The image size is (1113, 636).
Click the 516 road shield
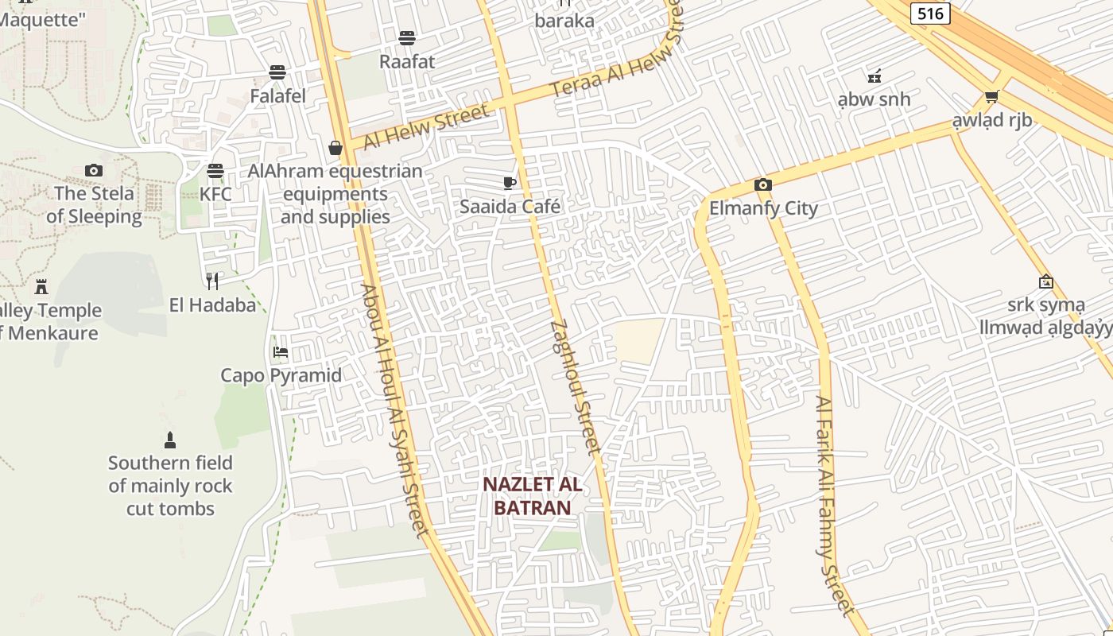click(x=930, y=13)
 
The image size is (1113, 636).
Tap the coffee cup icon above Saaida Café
click(x=510, y=184)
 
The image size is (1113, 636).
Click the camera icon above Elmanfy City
click(x=762, y=185)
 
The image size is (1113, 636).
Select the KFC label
click(x=215, y=194)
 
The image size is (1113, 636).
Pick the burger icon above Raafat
click(x=407, y=37)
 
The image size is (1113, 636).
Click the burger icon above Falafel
click(x=277, y=72)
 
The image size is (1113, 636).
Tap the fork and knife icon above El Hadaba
click(x=212, y=281)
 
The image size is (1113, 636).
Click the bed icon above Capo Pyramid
click(x=281, y=351)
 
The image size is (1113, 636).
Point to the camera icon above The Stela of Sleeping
click(x=94, y=170)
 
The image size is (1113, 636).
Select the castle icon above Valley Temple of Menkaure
click(x=41, y=286)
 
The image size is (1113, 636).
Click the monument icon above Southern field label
click(x=169, y=440)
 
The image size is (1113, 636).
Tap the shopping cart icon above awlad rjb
click(x=991, y=97)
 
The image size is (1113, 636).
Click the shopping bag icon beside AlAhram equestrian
click(x=335, y=148)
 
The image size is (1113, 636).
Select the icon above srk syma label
click(x=1046, y=281)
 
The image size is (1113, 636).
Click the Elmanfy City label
click(x=763, y=208)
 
